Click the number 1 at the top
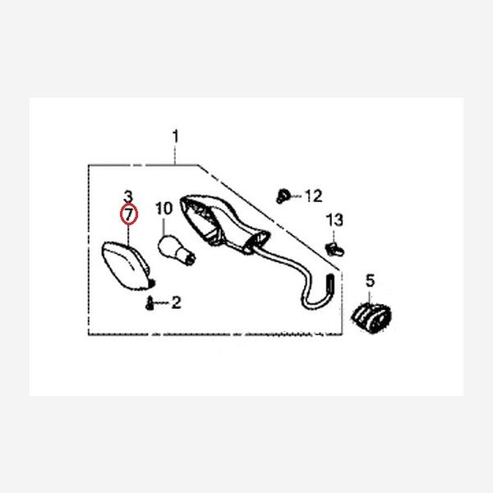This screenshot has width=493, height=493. [175, 134]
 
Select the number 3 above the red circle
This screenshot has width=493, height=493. [128, 196]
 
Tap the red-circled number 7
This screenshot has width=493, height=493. [129, 214]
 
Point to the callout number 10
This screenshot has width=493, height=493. [164, 209]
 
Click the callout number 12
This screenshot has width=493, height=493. [314, 196]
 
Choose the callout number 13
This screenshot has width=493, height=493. [333, 220]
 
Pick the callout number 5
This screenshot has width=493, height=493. [369, 281]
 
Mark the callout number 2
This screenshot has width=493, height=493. [176, 303]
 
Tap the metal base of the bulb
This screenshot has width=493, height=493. [190, 256]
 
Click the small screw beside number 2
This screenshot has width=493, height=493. [150, 304]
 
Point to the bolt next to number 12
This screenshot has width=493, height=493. [283, 196]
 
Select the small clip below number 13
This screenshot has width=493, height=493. [333, 246]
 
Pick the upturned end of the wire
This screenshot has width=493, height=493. [330, 283]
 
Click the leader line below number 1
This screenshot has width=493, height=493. [175, 153]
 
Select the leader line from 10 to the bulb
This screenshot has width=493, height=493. [164, 224]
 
